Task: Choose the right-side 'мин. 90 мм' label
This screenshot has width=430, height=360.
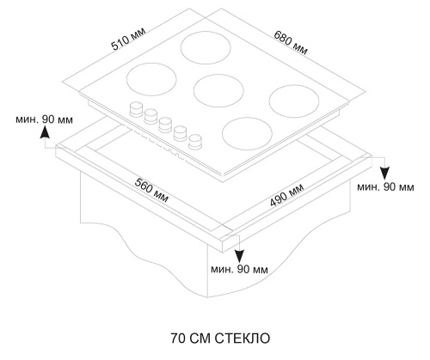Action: pyautogui.click(x=384, y=186)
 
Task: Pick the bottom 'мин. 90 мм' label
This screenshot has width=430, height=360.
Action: pyautogui.click(x=240, y=270)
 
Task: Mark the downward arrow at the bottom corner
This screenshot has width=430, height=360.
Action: pyautogui.click(x=239, y=251)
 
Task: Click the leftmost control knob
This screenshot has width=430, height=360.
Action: pyautogui.click(x=134, y=109)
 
